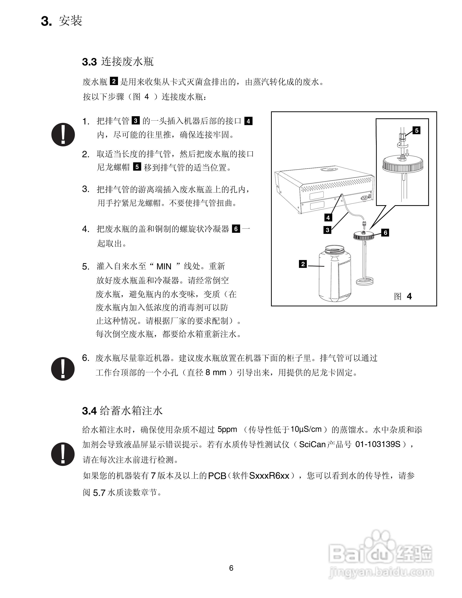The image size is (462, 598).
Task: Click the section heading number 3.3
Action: [x=89, y=62]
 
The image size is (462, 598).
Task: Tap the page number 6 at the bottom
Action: [x=231, y=568]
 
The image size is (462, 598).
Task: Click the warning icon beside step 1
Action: [x=63, y=134]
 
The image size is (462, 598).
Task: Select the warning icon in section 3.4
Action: [x=63, y=454]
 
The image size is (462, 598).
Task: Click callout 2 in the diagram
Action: [x=303, y=264]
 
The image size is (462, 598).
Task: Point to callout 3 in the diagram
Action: [x=327, y=230]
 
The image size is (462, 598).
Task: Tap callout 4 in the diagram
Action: [x=328, y=218]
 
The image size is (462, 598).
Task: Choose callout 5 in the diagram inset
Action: [x=417, y=131]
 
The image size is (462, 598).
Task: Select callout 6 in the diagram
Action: [x=385, y=233]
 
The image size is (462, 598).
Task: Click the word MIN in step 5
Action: [x=164, y=266]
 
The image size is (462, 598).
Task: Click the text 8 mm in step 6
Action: [x=216, y=372]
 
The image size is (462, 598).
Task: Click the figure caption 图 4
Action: [x=403, y=296]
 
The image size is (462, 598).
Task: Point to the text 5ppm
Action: [x=227, y=429]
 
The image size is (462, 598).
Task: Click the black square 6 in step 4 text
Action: [x=236, y=229]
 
